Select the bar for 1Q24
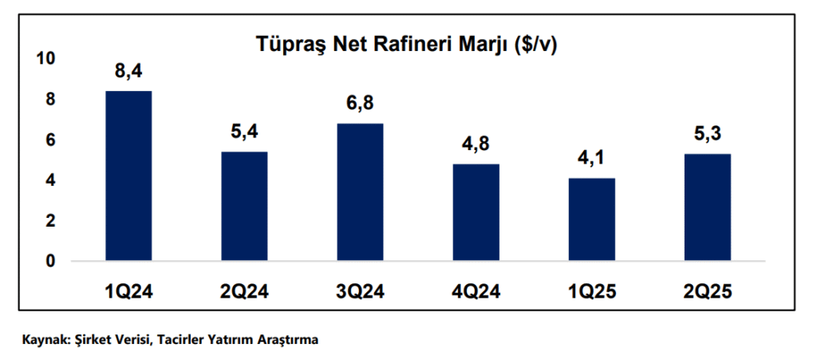pyautogui.click(x=128, y=176)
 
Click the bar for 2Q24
pyautogui.click(x=244, y=206)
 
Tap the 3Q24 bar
pyautogui.click(x=360, y=192)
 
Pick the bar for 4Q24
pyautogui.click(x=476, y=212)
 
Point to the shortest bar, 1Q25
pyautogui.click(x=591, y=220)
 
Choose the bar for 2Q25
pyautogui.click(x=708, y=207)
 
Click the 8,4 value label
pyautogui.click(x=128, y=73)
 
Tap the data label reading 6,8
pyautogui.click(x=360, y=105)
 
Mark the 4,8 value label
pyautogui.click(x=476, y=145)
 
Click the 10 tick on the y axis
pyautogui.click(x=45, y=58)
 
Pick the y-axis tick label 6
pyautogui.click(x=50, y=140)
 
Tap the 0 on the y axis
pyautogui.click(x=50, y=261)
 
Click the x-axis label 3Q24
pyautogui.click(x=360, y=292)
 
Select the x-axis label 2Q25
pyautogui.click(x=708, y=292)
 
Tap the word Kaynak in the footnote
pyautogui.click(x=45, y=340)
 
